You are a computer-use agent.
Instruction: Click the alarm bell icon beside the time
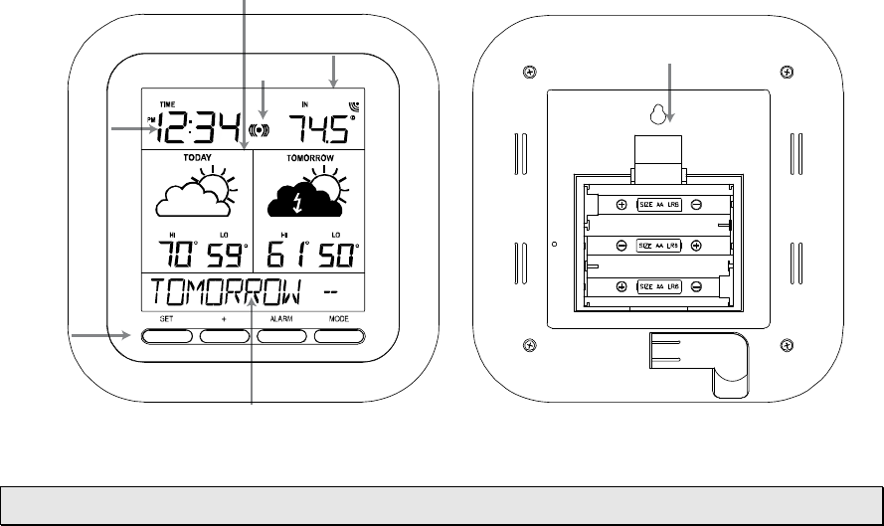click(x=261, y=129)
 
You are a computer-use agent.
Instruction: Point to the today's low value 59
click(x=224, y=256)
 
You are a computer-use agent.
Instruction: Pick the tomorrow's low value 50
click(x=335, y=256)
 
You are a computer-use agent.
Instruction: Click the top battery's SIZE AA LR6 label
click(x=658, y=205)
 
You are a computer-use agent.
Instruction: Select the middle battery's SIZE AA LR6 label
click(x=657, y=245)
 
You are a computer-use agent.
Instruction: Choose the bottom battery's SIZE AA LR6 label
click(x=658, y=286)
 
